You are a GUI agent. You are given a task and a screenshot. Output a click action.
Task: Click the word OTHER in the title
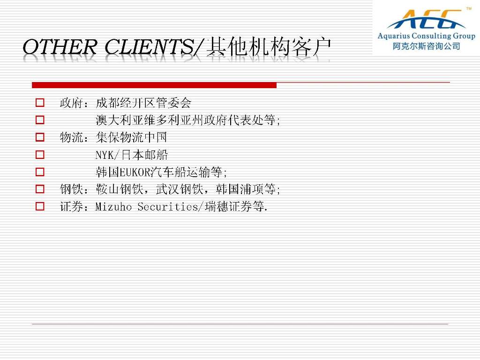(x=60, y=47)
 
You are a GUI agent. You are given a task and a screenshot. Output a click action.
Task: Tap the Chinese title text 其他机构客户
(x=269, y=47)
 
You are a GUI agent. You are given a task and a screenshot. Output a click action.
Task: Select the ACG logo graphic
(x=426, y=19)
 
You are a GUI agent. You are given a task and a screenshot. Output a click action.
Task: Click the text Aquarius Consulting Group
(x=426, y=36)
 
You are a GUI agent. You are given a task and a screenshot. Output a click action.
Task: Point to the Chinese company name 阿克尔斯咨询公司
(x=427, y=46)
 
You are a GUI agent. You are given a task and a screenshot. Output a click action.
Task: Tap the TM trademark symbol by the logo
(x=469, y=8)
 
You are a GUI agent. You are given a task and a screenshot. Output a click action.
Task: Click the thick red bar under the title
(x=154, y=85)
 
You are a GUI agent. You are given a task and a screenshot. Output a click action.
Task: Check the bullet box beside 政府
(x=40, y=102)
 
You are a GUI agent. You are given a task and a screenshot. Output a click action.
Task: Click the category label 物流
(x=71, y=137)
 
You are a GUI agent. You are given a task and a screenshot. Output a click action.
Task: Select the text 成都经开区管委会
(x=143, y=103)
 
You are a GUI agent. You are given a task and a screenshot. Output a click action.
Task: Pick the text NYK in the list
(x=105, y=155)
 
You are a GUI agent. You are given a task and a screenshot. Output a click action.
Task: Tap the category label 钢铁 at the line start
(x=71, y=189)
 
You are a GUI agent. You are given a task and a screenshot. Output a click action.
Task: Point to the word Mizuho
(x=113, y=207)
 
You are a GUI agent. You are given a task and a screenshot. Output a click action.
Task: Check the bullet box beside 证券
(x=40, y=206)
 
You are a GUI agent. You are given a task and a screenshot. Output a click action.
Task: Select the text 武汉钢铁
(x=180, y=189)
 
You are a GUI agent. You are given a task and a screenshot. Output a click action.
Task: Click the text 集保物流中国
(x=131, y=137)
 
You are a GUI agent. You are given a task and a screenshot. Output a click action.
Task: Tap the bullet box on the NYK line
(x=40, y=155)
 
